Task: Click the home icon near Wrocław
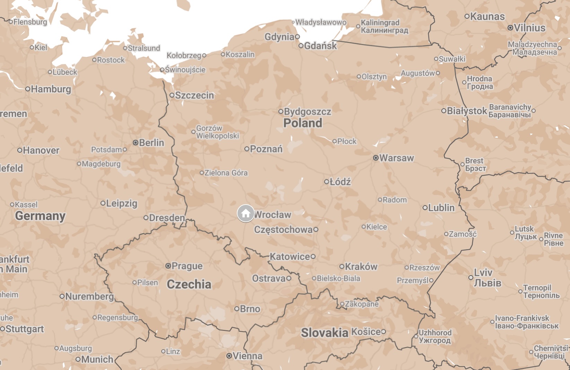tap(245, 213)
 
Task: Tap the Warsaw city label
tap(397, 158)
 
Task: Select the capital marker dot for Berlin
tap(136, 143)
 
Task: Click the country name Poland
tap(302, 123)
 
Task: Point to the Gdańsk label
tap(320, 46)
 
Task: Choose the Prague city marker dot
tap(168, 266)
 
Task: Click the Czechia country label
tap(189, 284)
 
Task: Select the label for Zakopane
tap(362, 304)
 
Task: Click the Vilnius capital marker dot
tap(510, 28)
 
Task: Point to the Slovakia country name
tap(324, 333)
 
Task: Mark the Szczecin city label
tap(195, 95)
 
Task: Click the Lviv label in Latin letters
tap(483, 273)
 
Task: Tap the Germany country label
tap(40, 216)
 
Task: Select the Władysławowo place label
tap(321, 22)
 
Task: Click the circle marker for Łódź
tap(327, 182)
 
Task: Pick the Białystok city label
tap(467, 111)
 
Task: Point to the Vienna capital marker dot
tap(229, 356)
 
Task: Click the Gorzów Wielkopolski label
tap(217, 132)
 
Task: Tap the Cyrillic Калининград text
tap(385, 30)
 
